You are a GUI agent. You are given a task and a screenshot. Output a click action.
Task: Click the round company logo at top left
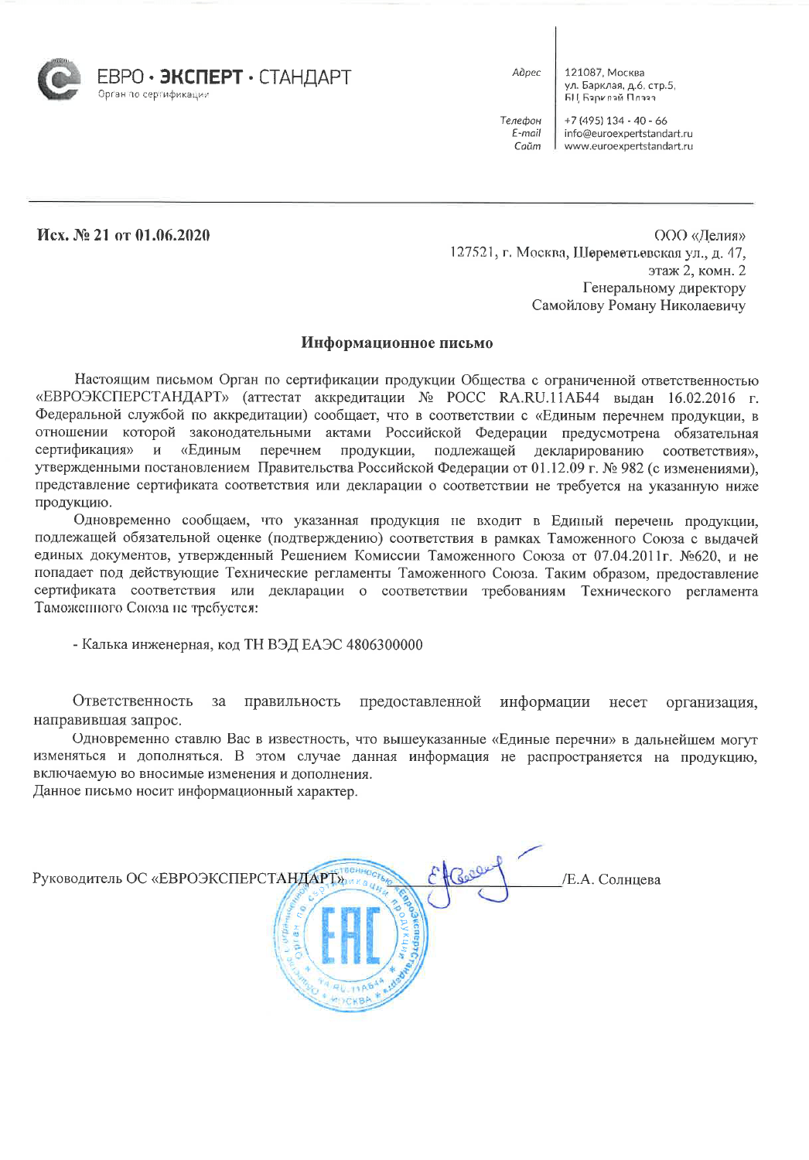click(60, 79)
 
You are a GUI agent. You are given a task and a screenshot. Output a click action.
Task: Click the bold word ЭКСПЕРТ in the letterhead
click(200, 77)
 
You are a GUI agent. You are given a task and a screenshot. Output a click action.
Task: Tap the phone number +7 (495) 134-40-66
click(616, 121)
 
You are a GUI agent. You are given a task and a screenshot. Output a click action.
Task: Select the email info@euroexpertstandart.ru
click(628, 133)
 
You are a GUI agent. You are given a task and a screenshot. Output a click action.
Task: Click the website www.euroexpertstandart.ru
click(628, 146)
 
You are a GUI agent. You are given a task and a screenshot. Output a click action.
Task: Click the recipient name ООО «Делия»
click(699, 235)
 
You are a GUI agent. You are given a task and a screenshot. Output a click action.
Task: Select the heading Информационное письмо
click(397, 343)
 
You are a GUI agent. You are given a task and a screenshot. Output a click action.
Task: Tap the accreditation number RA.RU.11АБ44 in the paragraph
click(549, 398)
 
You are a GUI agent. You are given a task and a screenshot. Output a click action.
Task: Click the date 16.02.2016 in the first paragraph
click(701, 398)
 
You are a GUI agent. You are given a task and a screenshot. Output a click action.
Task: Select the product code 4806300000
click(384, 645)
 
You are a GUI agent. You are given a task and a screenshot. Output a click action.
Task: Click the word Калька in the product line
click(104, 645)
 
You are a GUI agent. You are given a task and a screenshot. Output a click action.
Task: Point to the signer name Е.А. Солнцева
click(613, 879)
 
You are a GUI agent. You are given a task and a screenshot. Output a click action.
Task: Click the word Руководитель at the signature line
click(77, 879)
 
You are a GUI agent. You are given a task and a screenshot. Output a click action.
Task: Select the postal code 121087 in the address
click(584, 73)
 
